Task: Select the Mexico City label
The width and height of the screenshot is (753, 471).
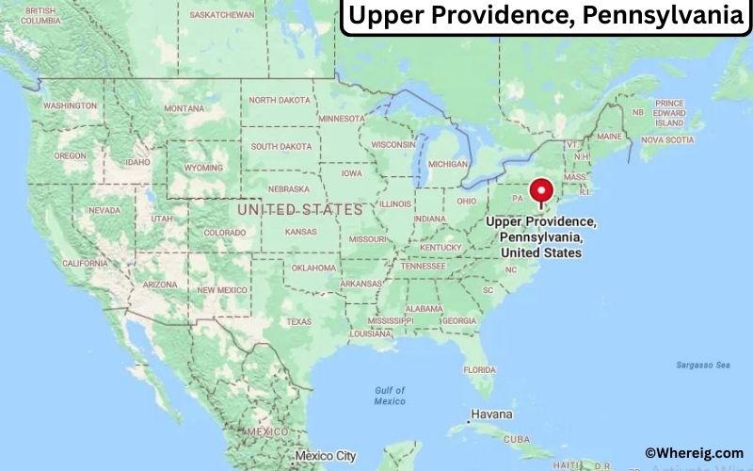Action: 325,457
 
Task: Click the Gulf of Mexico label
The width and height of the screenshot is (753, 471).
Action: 389,396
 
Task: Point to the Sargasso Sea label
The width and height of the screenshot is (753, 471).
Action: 702,365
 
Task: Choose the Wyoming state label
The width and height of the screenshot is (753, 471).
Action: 203,168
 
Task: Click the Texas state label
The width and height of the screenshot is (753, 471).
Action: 298,321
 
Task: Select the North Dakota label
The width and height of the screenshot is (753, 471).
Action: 280,100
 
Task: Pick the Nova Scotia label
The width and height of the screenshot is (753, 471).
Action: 666,140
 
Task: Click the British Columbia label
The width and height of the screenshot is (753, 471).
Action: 40,15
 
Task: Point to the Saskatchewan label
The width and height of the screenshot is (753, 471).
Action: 222,15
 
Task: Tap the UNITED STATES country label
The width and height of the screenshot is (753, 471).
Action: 299,209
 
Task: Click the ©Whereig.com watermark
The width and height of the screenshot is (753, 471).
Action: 694,453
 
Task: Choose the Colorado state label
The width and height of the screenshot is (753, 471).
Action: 224,232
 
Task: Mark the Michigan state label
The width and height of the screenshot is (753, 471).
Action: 448,163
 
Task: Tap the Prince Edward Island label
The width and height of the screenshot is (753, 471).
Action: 669,113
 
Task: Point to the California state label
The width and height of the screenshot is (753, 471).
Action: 85,263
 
